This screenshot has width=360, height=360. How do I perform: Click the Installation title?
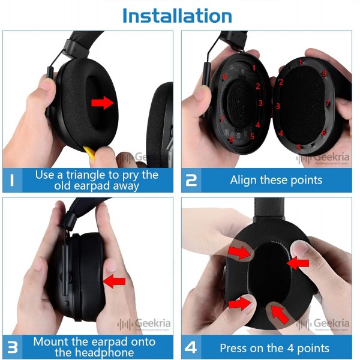click(177, 16)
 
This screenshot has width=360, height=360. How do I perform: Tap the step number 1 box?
click(13, 180)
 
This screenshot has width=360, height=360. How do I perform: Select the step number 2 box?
click(191, 180)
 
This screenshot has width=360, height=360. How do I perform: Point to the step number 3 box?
click(13, 347)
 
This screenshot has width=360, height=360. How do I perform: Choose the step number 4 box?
click(191, 347)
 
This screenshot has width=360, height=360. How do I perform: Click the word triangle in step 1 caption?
click(106, 175)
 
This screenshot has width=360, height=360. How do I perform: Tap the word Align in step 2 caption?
click(245, 180)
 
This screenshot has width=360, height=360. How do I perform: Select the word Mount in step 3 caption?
click(50, 342)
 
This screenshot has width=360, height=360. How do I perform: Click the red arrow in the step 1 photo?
click(103, 103)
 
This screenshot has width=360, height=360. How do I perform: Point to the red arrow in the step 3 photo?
click(115, 281)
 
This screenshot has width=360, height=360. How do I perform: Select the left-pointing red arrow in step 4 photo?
click(298, 262)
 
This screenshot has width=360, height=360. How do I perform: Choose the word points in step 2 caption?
click(305, 180)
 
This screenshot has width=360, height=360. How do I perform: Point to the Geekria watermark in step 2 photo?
click(323, 158)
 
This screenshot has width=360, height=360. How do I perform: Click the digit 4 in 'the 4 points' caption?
click(285, 348)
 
